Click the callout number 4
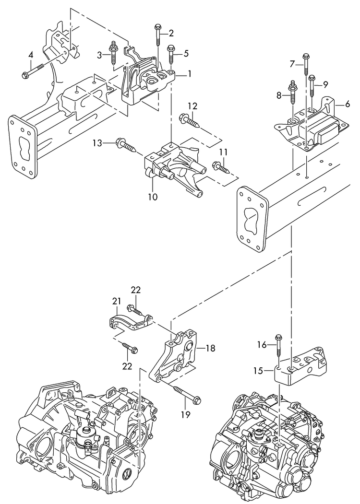coord(31,55)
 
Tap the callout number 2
coord(171,33)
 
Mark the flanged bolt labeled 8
coord(292,100)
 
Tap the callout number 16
coord(261,344)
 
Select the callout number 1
coord(190,75)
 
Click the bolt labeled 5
coord(170,55)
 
